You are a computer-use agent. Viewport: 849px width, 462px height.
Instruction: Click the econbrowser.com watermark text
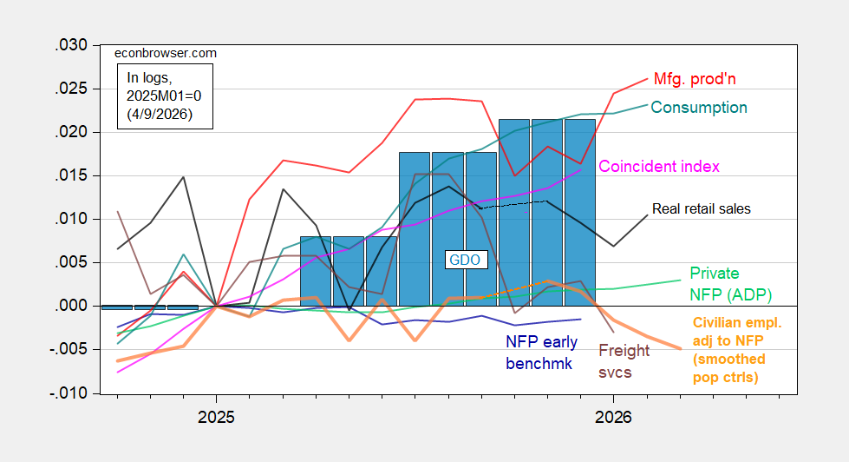click(x=166, y=53)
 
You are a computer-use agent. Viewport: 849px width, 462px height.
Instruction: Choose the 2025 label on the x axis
click(x=215, y=416)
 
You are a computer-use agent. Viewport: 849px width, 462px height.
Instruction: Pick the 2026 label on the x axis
click(x=612, y=416)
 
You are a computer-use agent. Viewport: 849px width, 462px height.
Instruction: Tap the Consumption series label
click(x=698, y=108)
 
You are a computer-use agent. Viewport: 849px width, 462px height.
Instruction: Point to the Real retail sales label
click(x=701, y=209)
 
